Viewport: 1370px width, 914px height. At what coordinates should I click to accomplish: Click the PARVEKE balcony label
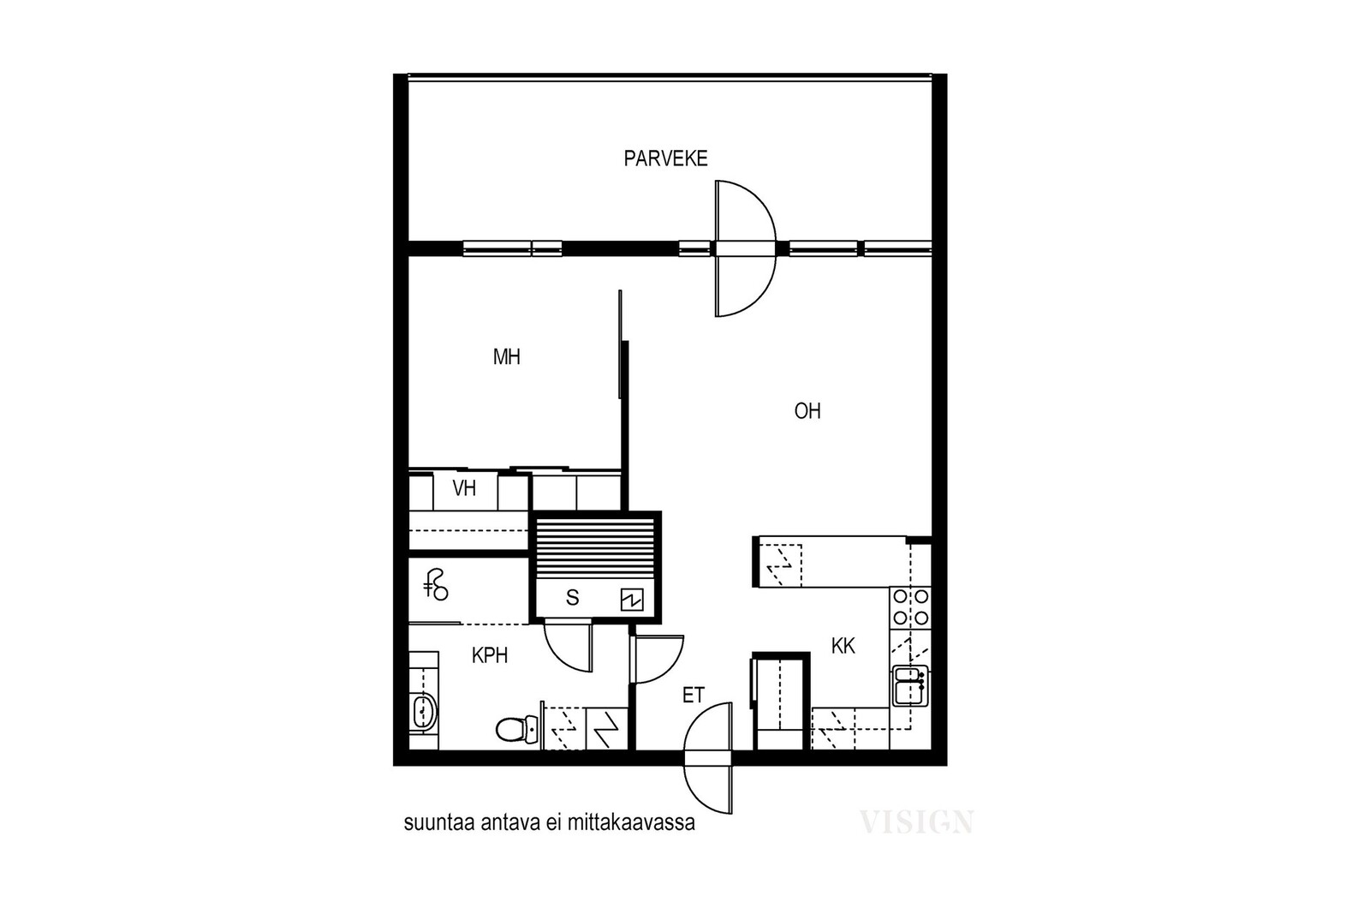click(x=665, y=158)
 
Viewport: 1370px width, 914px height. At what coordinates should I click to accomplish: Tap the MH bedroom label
click(x=506, y=356)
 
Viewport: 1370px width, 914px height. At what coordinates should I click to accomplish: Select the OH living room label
click(x=807, y=411)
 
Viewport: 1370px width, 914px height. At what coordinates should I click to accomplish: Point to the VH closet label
click(x=464, y=488)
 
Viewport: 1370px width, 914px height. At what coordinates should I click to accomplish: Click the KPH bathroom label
click(x=490, y=656)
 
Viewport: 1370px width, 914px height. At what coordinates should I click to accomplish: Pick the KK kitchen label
click(x=843, y=646)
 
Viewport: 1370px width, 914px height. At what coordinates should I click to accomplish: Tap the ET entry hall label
click(x=694, y=695)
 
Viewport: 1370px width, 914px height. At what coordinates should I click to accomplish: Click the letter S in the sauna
click(x=573, y=598)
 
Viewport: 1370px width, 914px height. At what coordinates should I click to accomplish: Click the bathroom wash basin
click(x=424, y=712)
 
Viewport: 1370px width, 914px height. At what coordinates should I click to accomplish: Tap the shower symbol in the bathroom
click(x=436, y=585)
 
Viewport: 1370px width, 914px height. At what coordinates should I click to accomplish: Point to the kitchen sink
click(x=911, y=685)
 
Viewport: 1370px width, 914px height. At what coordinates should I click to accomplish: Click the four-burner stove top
click(x=911, y=607)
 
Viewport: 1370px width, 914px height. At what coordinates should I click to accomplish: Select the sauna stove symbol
click(x=632, y=600)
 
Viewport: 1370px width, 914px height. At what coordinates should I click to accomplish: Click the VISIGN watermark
click(x=916, y=821)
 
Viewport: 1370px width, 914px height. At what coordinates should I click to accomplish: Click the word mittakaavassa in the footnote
click(x=631, y=823)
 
